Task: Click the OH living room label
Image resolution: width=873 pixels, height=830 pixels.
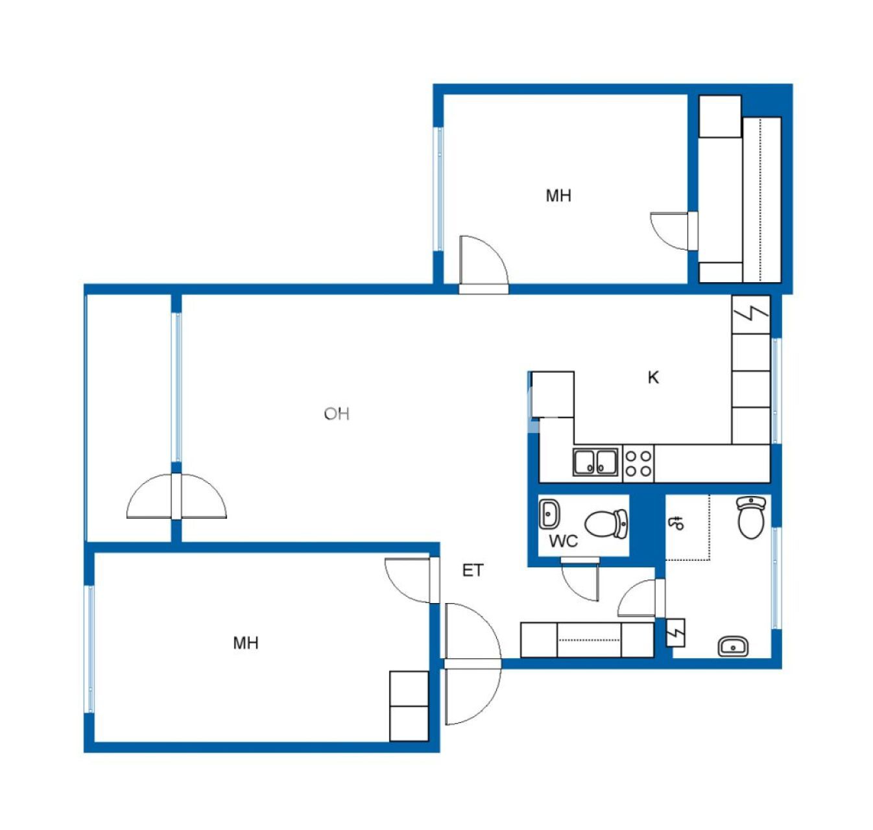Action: tap(337, 413)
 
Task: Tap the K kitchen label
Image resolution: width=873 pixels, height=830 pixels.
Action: tap(653, 377)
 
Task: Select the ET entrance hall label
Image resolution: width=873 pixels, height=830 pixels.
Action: tap(472, 571)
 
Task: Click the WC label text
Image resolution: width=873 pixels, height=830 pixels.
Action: tap(563, 541)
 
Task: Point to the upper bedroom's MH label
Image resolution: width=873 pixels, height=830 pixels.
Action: tap(558, 195)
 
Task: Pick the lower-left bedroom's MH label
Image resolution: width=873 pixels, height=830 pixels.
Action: tap(246, 643)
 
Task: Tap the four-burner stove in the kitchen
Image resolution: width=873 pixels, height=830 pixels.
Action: tap(638, 463)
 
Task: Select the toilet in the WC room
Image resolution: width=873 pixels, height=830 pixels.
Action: tap(607, 523)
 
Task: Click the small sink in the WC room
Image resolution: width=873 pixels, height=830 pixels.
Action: tap(549, 514)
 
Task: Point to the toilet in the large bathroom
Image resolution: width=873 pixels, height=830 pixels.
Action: tap(752, 517)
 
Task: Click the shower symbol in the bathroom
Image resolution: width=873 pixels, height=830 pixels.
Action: tap(676, 523)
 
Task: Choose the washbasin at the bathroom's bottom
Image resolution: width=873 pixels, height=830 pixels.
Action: tap(733, 646)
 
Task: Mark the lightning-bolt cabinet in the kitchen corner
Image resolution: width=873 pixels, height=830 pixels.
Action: tap(751, 314)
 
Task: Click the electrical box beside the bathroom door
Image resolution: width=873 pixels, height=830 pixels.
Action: tap(676, 632)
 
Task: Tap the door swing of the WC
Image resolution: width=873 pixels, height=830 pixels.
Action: tap(581, 580)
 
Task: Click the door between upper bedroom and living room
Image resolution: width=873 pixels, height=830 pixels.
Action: tap(483, 263)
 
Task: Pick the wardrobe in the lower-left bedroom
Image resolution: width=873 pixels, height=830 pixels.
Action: tap(409, 706)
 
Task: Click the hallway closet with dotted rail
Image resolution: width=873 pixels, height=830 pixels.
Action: tap(587, 640)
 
